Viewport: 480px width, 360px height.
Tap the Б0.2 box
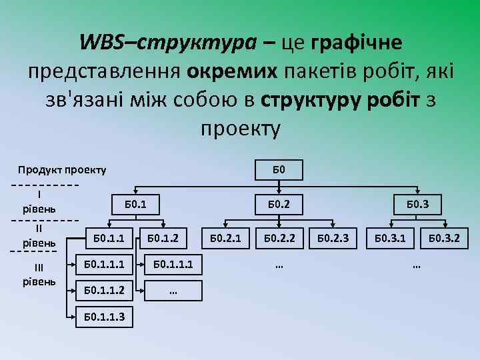pos(279,204)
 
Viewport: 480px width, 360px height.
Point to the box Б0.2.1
pos(226,237)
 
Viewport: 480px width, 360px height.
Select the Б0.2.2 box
pos(279,237)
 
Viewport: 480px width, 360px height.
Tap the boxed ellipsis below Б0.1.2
pos(173,290)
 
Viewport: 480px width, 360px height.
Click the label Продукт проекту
pos(61,170)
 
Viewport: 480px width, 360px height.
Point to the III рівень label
pos(39,274)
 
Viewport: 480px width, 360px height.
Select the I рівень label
pos(40,201)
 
